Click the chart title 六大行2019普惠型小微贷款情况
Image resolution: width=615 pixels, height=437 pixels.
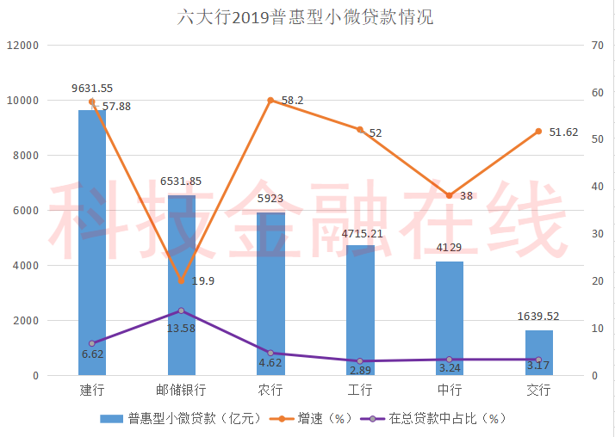click(x=307, y=16)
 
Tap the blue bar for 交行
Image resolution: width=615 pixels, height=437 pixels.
click(x=538, y=353)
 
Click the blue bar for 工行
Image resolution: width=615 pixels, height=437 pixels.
click(x=360, y=310)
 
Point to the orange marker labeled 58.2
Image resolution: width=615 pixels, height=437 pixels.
click(x=270, y=101)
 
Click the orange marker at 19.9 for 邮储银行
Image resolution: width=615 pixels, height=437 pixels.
click(x=181, y=281)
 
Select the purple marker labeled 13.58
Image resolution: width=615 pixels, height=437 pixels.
click(x=181, y=311)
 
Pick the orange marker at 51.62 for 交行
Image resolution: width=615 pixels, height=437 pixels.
click(x=538, y=132)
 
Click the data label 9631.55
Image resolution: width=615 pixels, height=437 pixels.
click(x=92, y=88)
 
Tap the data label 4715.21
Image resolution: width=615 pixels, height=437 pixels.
click(x=360, y=233)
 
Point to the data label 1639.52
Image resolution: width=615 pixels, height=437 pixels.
click(x=538, y=317)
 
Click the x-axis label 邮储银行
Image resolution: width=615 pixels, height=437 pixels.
click(x=181, y=391)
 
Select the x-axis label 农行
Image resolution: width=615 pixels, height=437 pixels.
click(x=270, y=391)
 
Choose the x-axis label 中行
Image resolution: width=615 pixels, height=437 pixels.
click(x=449, y=391)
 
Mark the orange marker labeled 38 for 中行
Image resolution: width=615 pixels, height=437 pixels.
click(x=449, y=195)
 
